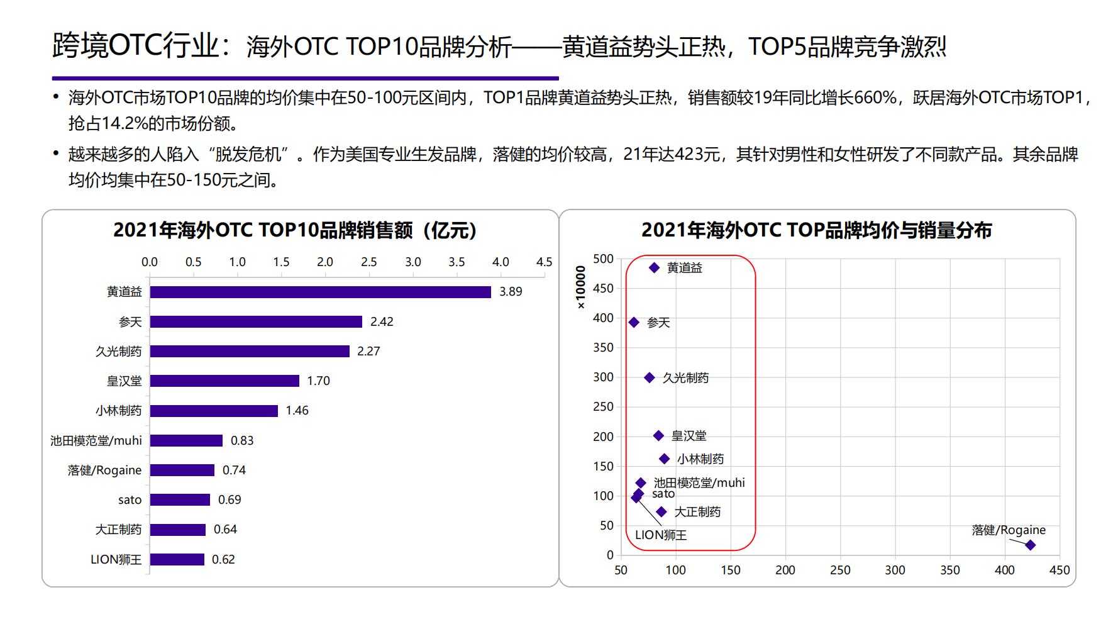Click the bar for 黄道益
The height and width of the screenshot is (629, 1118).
click(320, 292)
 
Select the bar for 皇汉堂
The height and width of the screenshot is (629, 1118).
click(224, 381)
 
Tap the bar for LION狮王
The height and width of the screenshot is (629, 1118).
click(177, 559)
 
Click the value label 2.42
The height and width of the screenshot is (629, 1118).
click(382, 322)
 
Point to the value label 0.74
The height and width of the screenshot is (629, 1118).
click(234, 470)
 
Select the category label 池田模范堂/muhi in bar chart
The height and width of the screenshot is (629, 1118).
click(96, 441)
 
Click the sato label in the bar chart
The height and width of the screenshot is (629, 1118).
click(130, 500)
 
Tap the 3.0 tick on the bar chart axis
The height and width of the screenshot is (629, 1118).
click(412, 262)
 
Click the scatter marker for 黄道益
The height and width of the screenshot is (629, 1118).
click(654, 268)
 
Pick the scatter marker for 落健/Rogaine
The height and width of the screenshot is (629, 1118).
click(1030, 545)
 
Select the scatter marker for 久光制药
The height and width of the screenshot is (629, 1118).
click(650, 378)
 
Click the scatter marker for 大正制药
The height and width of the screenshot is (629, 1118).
click(661, 512)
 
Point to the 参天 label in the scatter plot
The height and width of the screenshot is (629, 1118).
click(658, 323)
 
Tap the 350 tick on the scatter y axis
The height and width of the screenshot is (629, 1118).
click(603, 348)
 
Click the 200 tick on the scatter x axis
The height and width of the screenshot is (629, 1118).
click(785, 571)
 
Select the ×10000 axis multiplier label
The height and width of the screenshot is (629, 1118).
click(581, 287)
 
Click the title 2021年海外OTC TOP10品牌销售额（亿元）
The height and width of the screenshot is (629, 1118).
click(294, 230)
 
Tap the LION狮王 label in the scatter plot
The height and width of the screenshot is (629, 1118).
click(661, 535)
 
